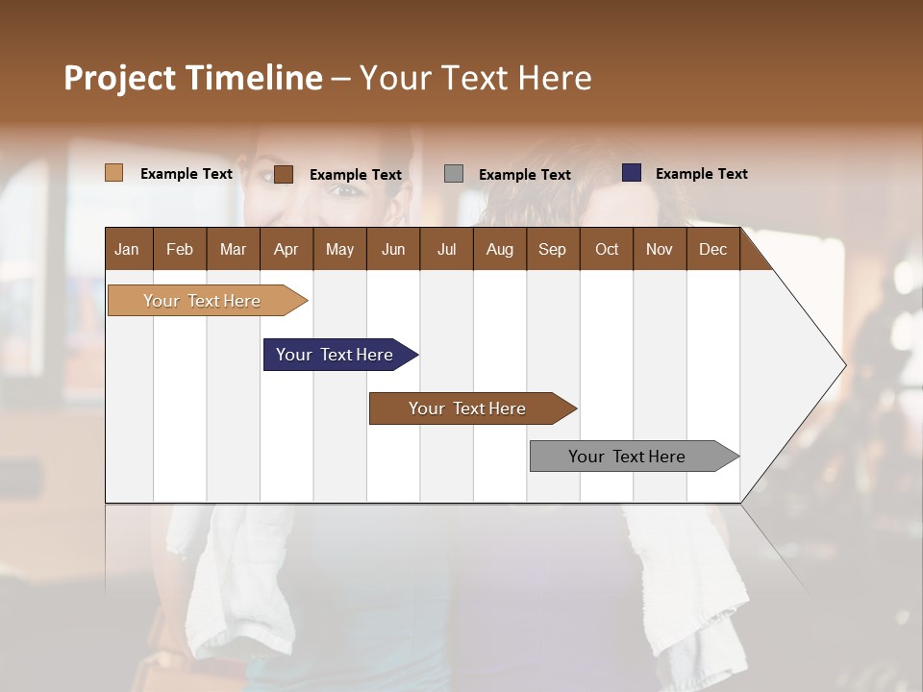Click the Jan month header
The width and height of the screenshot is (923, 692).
click(127, 249)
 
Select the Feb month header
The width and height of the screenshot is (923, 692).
click(180, 249)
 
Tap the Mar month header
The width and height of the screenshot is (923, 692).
click(233, 249)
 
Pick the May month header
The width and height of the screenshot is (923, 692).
click(339, 249)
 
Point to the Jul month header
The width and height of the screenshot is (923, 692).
click(446, 249)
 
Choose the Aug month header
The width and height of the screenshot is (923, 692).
click(499, 249)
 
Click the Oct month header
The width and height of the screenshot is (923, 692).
click(607, 249)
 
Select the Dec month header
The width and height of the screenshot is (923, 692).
click(712, 249)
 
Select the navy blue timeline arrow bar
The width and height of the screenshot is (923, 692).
click(337, 355)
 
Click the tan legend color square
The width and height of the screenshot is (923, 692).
click(113, 173)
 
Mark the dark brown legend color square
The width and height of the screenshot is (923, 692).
click(284, 174)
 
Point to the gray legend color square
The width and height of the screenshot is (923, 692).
click(454, 173)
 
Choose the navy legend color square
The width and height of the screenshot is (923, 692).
click(632, 173)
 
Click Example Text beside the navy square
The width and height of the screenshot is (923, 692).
click(701, 174)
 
